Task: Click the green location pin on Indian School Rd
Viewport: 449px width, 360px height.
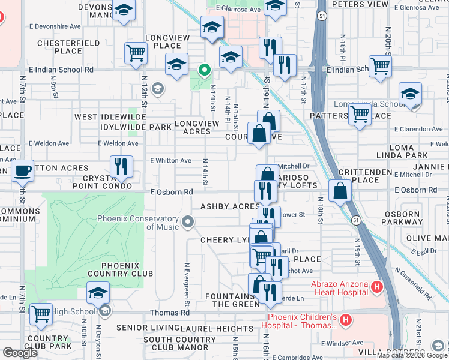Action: point(205,71)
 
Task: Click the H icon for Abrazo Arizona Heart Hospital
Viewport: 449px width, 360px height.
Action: point(376,287)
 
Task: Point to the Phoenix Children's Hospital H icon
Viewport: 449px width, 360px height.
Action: point(345,320)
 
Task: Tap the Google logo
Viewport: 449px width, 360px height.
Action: point(20,353)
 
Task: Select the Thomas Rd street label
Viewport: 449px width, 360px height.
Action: point(170,313)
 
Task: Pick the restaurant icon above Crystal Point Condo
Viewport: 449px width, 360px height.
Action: point(122,166)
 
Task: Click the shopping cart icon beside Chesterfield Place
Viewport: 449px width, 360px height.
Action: point(136,52)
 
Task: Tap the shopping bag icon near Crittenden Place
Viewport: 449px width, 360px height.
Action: point(340,191)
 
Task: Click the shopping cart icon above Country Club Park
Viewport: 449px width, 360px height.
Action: point(41,313)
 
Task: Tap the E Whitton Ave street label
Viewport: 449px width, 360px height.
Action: point(170,161)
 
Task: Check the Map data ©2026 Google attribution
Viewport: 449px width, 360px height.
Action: point(412,355)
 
